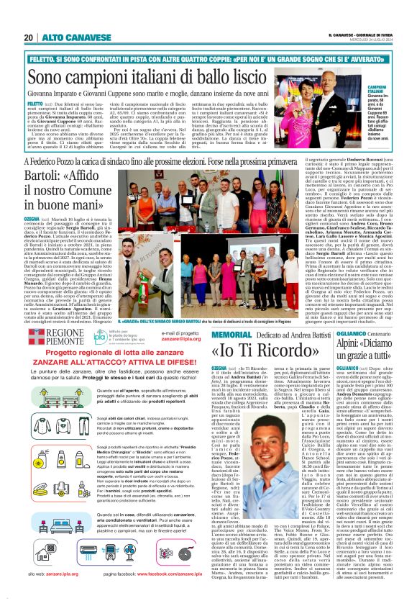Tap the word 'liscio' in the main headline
click(229, 73)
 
